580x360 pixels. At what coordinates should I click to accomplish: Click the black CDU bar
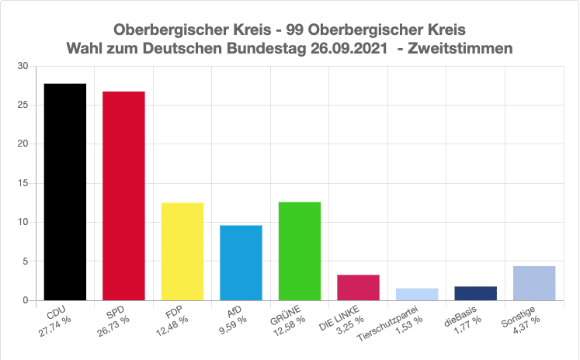(x=64, y=192)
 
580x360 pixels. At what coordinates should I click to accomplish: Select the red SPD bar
(x=123, y=196)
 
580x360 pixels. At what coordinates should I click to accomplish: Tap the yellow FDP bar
(x=182, y=251)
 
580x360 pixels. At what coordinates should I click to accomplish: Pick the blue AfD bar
(x=241, y=262)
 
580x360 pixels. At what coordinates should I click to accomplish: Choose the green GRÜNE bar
(x=299, y=251)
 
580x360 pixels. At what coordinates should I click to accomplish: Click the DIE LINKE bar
(x=358, y=287)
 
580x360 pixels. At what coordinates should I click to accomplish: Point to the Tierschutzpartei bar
(x=417, y=294)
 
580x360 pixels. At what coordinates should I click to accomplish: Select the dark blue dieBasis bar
(x=475, y=293)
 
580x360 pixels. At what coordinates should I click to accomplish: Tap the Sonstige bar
(x=534, y=283)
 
